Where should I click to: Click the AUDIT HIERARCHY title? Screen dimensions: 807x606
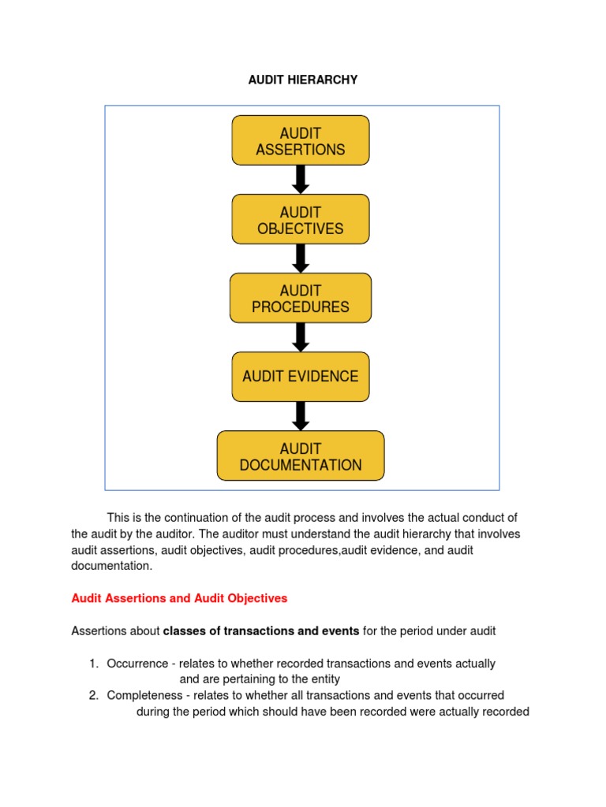click(x=303, y=80)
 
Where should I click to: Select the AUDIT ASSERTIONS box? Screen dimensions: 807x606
click(x=300, y=141)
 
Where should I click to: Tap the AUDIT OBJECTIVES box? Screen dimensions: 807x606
click(x=300, y=220)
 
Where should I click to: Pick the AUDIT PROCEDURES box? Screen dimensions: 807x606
click(x=300, y=299)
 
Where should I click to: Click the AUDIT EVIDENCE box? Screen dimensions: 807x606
click(x=300, y=377)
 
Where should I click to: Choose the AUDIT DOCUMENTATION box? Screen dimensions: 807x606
click(x=300, y=456)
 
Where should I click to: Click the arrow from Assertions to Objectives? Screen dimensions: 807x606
click(x=300, y=180)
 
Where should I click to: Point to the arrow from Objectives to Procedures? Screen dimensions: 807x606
click(x=300, y=258)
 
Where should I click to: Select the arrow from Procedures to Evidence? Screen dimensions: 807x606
click(x=300, y=337)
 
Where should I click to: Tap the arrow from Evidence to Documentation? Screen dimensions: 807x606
click(x=300, y=416)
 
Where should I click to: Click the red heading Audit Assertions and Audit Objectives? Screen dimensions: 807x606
click(x=179, y=599)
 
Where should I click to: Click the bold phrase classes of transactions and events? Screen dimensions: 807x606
click(x=260, y=631)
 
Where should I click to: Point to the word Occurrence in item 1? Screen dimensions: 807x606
click(x=136, y=664)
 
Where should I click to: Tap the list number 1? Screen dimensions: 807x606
click(x=92, y=664)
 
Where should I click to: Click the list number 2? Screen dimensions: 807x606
click(x=92, y=695)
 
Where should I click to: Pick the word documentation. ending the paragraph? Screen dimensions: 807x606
click(x=111, y=566)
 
